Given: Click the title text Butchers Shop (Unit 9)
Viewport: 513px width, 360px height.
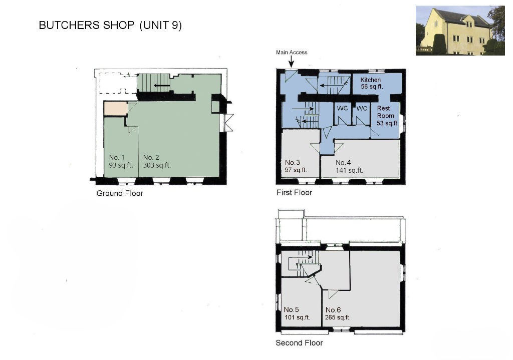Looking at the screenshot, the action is [x=110, y=25].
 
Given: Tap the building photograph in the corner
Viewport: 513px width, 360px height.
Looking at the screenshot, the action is [x=460, y=31].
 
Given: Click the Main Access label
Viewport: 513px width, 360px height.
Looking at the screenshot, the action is [x=292, y=52].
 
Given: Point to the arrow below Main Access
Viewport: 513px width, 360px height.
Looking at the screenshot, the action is [x=291, y=62].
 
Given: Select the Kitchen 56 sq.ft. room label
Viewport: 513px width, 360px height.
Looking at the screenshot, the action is [x=371, y=83].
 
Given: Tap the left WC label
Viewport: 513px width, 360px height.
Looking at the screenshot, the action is [x=342, y=108].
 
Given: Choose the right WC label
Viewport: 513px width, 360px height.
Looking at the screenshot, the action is [x=362, y=108].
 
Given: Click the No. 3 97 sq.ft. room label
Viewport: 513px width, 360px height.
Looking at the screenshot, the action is [x=296, y=166].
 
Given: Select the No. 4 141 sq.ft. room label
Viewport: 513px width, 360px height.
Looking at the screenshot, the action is [x=349, y=166].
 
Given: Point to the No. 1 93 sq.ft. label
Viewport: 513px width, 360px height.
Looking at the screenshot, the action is [x=121, y=161].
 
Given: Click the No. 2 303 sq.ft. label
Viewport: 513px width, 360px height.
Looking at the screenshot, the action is [x=157, y=161].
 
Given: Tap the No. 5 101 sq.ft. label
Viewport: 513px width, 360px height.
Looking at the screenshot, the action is [x=297, y=313].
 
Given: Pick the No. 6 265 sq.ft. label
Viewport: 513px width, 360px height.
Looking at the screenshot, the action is [x=338, y=313].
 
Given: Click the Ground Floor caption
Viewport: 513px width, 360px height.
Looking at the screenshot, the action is [x=120, y=193].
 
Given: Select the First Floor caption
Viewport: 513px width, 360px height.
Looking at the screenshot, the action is [x=294, y=193].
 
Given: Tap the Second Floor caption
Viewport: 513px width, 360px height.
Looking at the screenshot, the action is [x=299, y=342].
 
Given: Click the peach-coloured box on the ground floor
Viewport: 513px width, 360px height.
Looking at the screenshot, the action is [x=116, y=108].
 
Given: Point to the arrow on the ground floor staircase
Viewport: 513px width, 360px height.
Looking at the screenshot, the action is [x=162, y=86].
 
